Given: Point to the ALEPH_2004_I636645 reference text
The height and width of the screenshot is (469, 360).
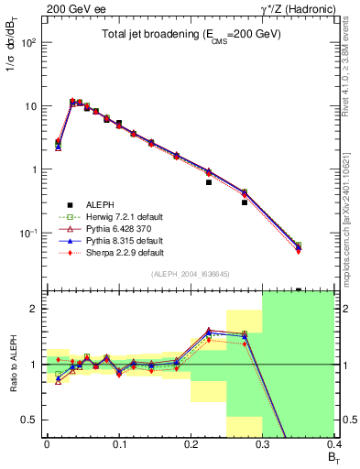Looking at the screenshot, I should (x=191, y=275).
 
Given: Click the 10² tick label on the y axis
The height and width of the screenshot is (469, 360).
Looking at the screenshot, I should (x=29, y=43).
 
